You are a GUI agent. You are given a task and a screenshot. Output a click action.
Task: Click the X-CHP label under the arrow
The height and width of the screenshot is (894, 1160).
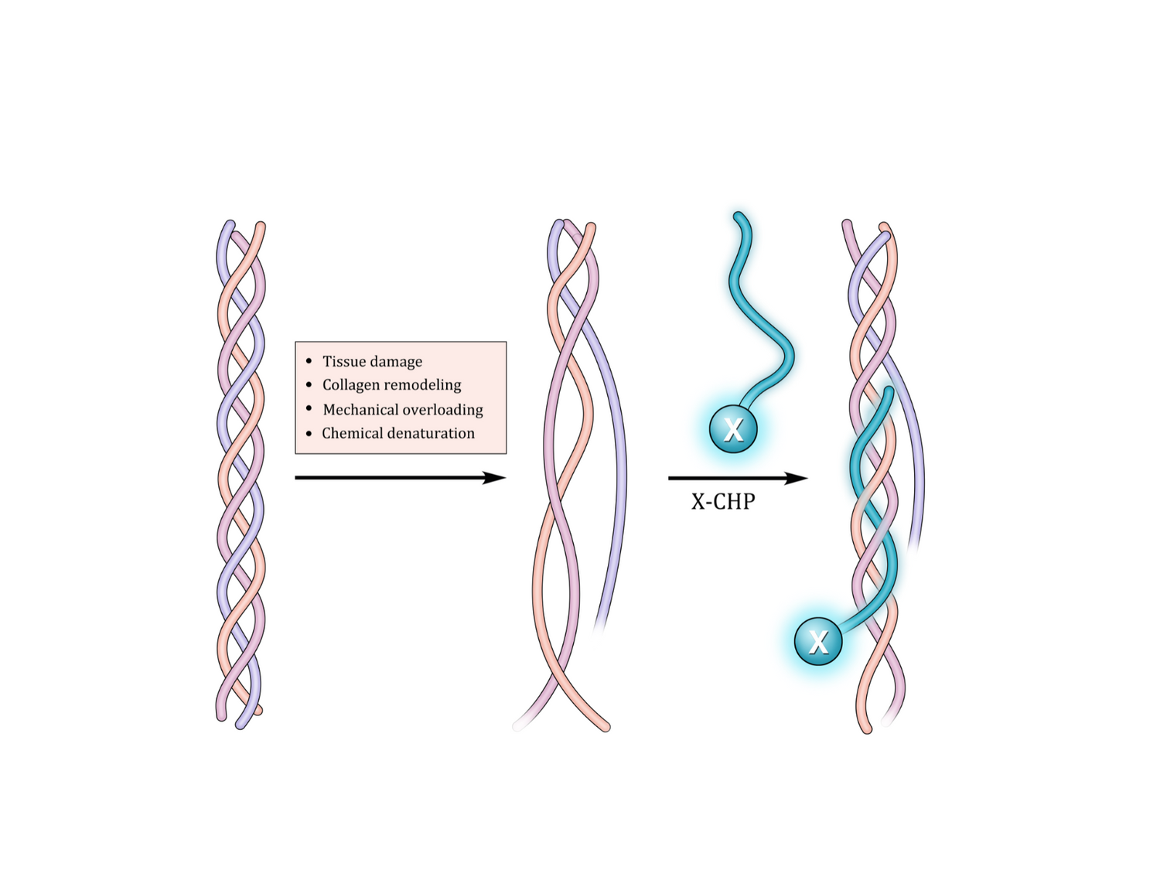click(723, 502)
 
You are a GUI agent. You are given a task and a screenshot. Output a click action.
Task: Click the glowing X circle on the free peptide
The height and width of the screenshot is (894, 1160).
click(733, 428)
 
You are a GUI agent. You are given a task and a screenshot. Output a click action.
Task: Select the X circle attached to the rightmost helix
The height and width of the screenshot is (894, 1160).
click(818, 641)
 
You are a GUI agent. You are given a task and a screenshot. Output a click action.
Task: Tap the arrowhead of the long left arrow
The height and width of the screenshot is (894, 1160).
click(496, 478)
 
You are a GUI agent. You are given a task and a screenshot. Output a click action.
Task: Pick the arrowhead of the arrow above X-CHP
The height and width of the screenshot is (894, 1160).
click(798, 478)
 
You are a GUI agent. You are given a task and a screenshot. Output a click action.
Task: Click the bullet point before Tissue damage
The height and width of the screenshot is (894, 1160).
click(309, 361)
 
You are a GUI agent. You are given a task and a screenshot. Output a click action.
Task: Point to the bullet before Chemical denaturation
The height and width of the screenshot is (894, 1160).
click(309, 433)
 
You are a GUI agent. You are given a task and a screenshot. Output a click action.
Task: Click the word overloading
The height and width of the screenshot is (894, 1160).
click(445, 409)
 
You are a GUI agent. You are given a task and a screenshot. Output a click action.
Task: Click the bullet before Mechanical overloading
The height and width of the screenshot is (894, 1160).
click(309, 408)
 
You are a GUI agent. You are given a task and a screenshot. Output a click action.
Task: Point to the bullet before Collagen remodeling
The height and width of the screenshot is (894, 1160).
click(309, 384)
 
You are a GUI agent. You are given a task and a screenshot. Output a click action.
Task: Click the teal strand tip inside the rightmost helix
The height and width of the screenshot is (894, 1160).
click(889, 391)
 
